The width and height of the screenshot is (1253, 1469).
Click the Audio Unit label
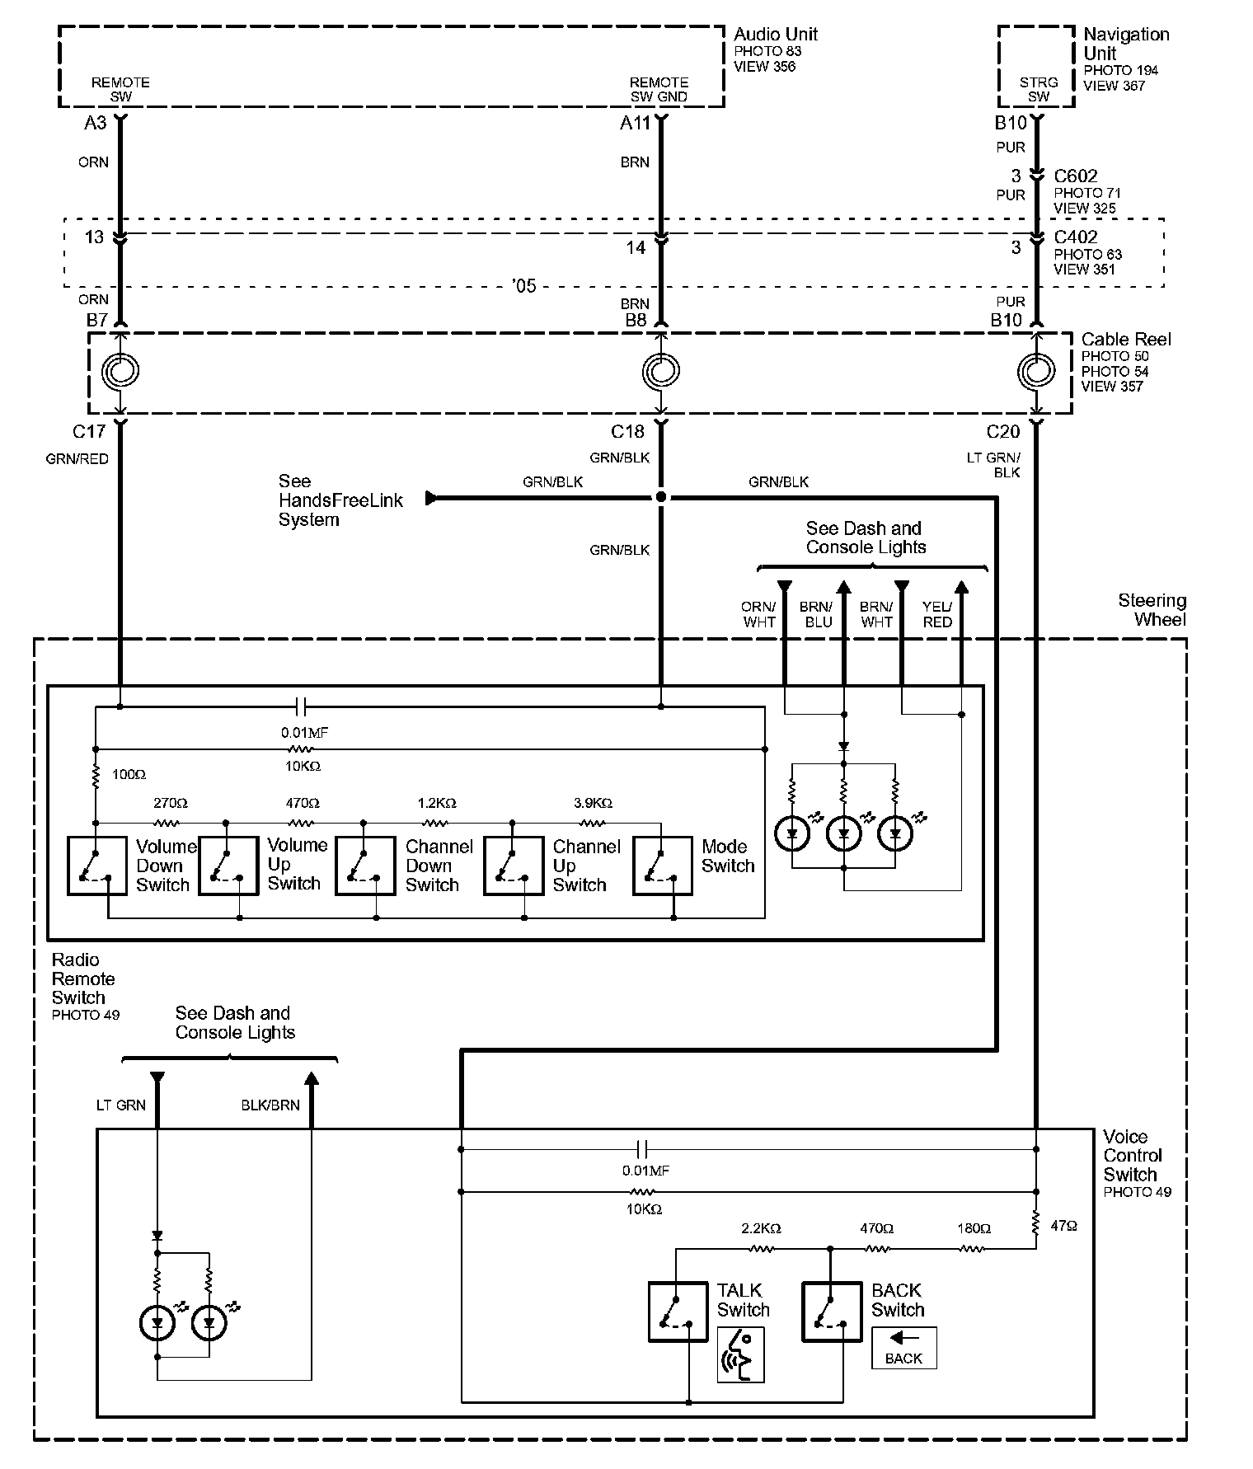[775, 35]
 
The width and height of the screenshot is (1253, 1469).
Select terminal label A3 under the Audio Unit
[95, 123]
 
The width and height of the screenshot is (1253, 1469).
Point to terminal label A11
[635, 123]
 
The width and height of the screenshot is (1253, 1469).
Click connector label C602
[1075, 176]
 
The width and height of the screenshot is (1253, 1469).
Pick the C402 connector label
[1075, 237]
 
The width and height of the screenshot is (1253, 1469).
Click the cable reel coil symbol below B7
[120, 372]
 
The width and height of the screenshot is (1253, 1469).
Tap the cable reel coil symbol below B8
[660, 372]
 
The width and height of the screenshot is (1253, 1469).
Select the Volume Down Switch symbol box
[96, 866]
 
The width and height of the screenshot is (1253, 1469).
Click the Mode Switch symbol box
[662, 866]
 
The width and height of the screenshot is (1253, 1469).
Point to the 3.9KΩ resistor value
[592, 803]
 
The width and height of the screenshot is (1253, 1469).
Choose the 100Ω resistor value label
[129, 775]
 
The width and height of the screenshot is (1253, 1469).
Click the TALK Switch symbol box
[678, 1311]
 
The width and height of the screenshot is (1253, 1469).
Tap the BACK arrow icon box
[903, 1348]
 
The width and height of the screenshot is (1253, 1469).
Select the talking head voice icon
[740, 1354]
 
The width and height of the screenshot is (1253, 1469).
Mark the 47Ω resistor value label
[1063, 1227]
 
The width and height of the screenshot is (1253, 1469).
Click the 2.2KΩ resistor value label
[760, 1228]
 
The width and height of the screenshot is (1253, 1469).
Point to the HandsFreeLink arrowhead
[431, 498]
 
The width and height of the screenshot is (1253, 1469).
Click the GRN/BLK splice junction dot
[660, 498]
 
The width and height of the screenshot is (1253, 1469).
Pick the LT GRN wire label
[120, 1105]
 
